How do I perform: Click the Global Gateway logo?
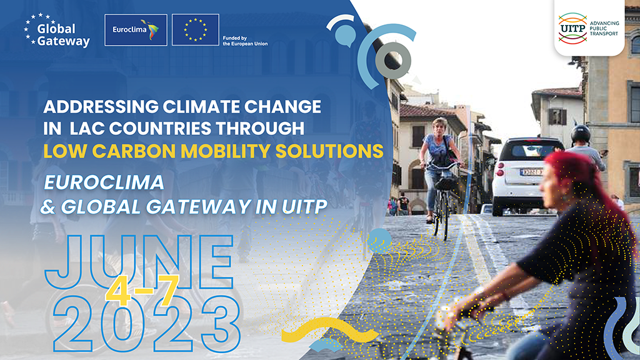click(x=57, y=30)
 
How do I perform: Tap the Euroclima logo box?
click(x=136, y=30)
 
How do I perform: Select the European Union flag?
click(x=196, y=30)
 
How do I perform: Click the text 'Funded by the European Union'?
click(x=245, y=41)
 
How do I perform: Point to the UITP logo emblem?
click(x=572, y=28)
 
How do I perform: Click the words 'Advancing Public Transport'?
click(x=604, y=28)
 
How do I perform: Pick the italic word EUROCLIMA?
click(x=104, y=182)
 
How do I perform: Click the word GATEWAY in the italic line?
click(x=198, y=206)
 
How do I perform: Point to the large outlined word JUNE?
click(x=139, y=262)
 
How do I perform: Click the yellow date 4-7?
click(x=142, y=291)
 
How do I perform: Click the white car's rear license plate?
click(x=531, y=172)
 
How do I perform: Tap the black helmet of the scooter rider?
click(x=580, y=134)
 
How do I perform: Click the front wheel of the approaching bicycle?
click(x=445, y=220)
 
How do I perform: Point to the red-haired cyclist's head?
click(x=569, y=179)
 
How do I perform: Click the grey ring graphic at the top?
click(x=392, y=61)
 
